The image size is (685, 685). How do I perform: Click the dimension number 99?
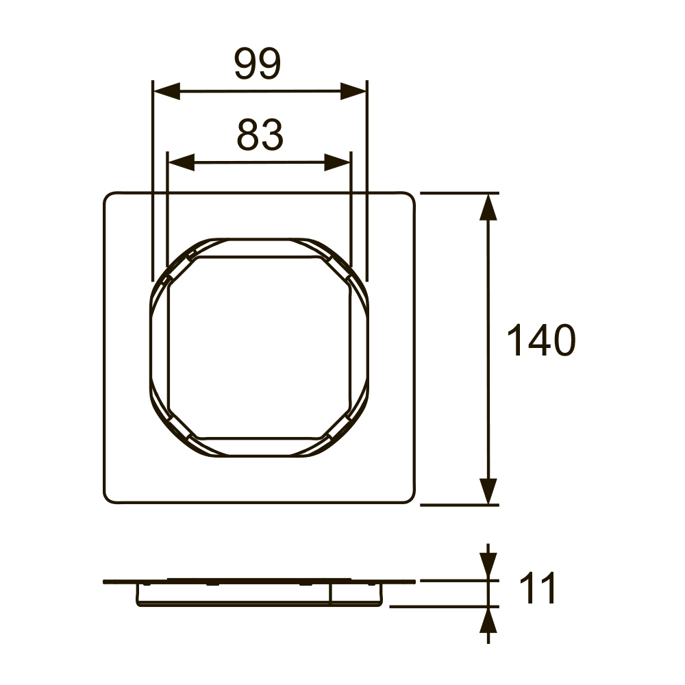pos(258,64)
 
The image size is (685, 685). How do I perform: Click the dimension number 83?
pos(260,135)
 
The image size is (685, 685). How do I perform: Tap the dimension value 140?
pos(541,340)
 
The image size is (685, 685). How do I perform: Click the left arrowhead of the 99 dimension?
pos(167,91)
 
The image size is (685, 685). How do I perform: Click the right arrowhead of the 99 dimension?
pos(353,91)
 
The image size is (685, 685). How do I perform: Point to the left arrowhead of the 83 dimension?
pos(182,162)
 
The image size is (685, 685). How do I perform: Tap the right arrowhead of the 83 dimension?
pos(337,162)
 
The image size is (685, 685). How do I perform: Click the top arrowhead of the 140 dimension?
pos(488,207)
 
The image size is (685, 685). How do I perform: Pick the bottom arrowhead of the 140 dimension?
pos(488,491)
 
